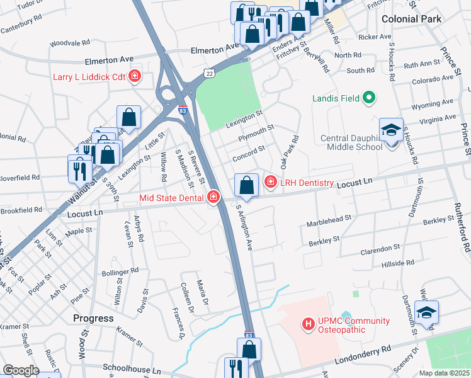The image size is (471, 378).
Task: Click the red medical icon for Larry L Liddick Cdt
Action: point(134,77)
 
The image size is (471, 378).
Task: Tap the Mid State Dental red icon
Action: point(213,198)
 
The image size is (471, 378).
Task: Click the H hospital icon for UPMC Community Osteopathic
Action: point(309,324)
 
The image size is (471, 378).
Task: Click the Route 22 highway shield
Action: point(208,74)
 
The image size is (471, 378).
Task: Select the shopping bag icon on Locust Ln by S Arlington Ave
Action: point(246,185)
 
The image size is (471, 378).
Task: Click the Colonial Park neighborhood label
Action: point(411,19)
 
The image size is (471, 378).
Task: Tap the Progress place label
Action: point(93,318)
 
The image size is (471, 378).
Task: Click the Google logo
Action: point(21,370)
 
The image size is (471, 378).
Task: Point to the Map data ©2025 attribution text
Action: point(444,373)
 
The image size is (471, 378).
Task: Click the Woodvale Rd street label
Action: point(69,43)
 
